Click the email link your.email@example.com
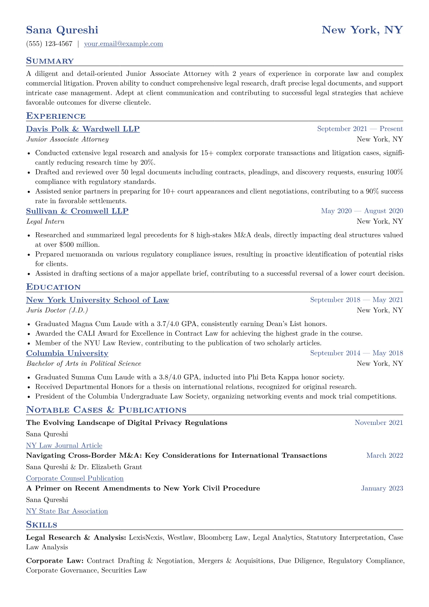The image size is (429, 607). point(123,44)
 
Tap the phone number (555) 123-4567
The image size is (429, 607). point(49,44)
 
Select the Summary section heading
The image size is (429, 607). point(50,61)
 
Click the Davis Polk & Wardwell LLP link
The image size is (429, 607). point(83,129)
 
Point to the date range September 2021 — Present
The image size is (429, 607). point(360,129)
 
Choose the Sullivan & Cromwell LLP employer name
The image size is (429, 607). point(77,211)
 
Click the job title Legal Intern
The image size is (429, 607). point(45,221)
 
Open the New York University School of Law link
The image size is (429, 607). point(97,300)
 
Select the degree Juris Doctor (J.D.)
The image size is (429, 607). point(57,311)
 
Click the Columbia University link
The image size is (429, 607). point(67,353)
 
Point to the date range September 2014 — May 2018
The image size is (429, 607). point(357,353)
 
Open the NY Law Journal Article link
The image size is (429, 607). point(64,446)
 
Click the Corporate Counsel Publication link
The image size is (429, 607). point(75,479)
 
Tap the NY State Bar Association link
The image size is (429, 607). point(67,511)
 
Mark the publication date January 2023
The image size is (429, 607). point(382,489)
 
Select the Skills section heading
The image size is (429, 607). point(41,524)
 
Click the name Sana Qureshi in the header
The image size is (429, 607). point(62,30)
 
